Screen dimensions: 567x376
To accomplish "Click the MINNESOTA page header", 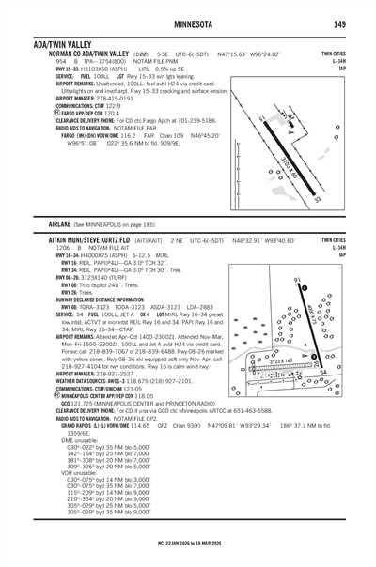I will [188, 23].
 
